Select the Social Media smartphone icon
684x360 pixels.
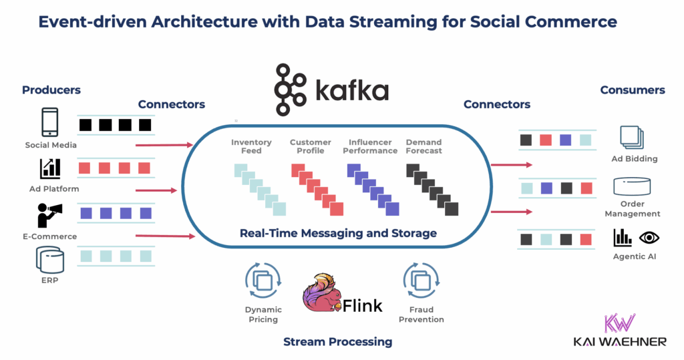tap(50, 123)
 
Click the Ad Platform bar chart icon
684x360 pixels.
tap(50, 168)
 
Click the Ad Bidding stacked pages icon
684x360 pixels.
tap(631, 137)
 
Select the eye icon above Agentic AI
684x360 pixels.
tap(649, 237)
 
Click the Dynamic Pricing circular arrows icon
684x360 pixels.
tap(263, 281)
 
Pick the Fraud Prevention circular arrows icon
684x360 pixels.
tap(421, 281)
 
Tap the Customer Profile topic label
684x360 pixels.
tap(310, 146)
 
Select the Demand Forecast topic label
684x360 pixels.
tap(423, 146)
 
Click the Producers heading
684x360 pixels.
tap(51, 89)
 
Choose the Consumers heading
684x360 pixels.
tap(632, 89)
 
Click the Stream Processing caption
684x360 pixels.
tap(337, 342)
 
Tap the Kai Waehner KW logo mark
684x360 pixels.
tap(619, 324)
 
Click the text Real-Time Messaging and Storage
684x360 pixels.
tap(338, 233)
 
